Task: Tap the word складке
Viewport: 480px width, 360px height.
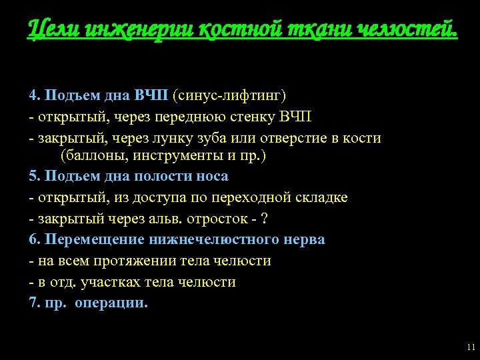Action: (322, 198)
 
